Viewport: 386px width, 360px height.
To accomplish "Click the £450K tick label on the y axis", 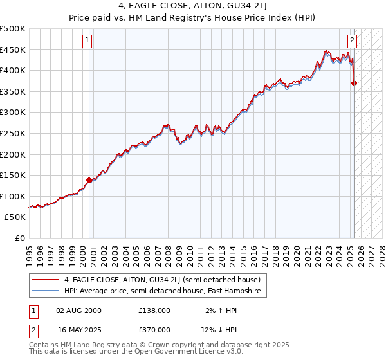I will pos(12,50).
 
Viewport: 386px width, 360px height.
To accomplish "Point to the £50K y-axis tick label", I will pos(15,217).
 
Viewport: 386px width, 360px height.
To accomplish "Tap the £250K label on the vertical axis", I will pos(12,133).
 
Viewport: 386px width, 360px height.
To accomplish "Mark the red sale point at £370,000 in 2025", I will pos(354,83).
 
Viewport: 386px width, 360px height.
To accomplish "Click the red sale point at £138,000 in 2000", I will pos(89,180).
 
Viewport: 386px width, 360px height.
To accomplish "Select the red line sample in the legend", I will pos(46,280).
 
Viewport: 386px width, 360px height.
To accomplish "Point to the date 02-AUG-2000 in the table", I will pos(79,310).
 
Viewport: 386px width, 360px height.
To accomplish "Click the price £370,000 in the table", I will pos(154,329).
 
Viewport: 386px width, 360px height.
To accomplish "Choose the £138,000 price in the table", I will pos(154,310).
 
